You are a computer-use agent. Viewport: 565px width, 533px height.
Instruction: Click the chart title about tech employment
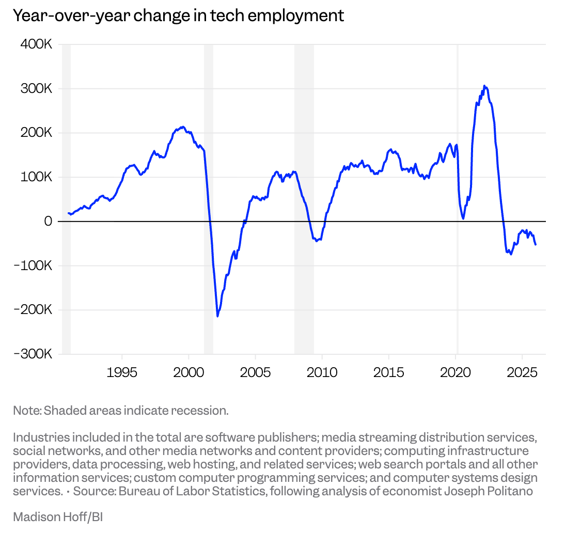pyautogui.click(x=178, y=15)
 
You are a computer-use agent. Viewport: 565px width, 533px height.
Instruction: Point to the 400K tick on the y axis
pyautogui.click(x=36, y=44)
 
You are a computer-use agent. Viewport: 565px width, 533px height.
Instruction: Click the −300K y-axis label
pyautogui.click(x=34, y=354)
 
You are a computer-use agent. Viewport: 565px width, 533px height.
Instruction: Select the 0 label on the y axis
pyautogui.click(x=48, y=221)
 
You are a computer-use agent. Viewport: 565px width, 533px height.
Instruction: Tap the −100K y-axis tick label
pyautogui.click(x=34, y=265)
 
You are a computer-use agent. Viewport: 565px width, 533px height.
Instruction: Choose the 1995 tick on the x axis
pyautogui.click(x=122, y=372)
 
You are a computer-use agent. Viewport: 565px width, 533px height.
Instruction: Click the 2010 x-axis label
pyautogui.click(x=322, y=372)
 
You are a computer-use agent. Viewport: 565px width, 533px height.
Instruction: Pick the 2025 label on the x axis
pyautogui.click(x=522, y=372)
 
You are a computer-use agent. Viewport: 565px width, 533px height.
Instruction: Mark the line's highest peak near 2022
pyautogui.click(x=484, y=86)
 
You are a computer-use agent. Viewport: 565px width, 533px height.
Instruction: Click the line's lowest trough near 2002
pyautogui.click(x=217, y=316)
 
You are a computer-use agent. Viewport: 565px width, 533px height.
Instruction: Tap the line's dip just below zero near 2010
pyautogui.click(x=317, y=241)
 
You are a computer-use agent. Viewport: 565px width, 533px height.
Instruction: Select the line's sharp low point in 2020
pyautogui.click(x=463, y=218)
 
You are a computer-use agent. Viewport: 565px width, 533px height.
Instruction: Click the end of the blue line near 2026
pyautogui.click(x=536, y=244)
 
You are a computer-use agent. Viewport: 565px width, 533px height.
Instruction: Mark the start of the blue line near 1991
pyautogui.click(x=68, y=213)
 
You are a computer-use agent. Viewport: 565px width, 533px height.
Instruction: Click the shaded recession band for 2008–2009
pyautogui.click(x=304, y=199)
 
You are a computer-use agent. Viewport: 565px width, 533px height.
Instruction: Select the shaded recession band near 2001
pyautogui.click(x=208, y=199)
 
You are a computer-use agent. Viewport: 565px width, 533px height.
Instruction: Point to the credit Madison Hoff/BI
pyautogui.click(x=58, y=516)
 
